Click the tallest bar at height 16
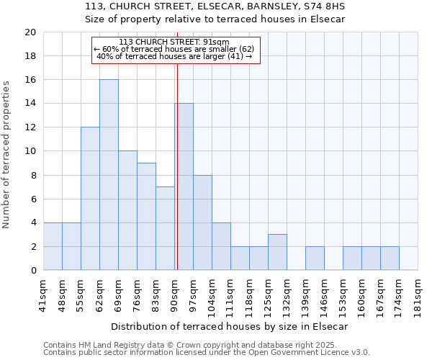click(x=109, y=175)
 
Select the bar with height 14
click(x=184, y=187)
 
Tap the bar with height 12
click(x=90, y=199)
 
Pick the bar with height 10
click(x=127, y=211)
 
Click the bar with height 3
click(x=277, y=252)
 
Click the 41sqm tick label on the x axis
click(x=43, y=293)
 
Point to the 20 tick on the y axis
click(x=30, y=32)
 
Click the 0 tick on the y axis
click(x=32, y=271)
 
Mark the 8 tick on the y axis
click(x=32, y=175)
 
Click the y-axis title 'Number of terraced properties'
click(x=6, y=154)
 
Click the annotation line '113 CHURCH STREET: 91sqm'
click(x=174, y=42)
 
